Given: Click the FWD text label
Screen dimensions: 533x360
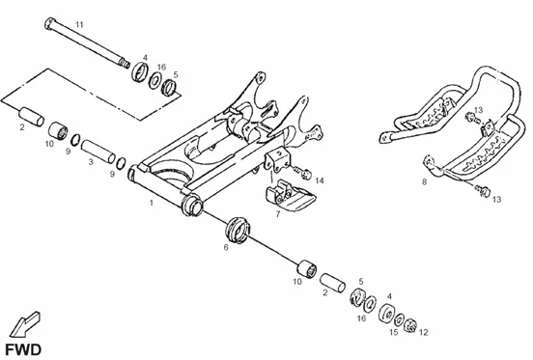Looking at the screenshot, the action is coord(23,349).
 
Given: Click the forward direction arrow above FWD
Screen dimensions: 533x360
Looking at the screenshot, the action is coord(24,324).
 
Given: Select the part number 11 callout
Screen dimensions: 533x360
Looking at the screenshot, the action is coord(79,24).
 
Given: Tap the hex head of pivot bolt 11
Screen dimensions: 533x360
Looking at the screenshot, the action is coord(49,23).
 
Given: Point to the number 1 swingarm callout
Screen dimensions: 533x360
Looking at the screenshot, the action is coord(152,203).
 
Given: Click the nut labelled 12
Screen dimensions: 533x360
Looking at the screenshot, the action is coord(410,325).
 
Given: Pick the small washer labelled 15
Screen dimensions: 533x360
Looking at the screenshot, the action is coord(399,319).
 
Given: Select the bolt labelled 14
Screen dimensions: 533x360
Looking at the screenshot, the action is coord(302,172).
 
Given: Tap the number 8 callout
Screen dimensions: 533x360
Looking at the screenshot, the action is coord(424,181).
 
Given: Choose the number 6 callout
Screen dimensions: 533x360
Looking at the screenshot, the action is coord(226,248).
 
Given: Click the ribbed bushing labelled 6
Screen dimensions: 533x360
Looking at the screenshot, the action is coord(238,230).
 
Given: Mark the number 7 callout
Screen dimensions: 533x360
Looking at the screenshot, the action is coord(278,214).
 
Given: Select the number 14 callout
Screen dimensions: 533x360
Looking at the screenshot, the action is coord(320,180).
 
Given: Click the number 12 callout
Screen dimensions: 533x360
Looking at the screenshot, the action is coord(424,332).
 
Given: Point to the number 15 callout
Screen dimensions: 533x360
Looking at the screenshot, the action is coord(393,332).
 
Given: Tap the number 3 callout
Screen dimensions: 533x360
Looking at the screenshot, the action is coord(91,162).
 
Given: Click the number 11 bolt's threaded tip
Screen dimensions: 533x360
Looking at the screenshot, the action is coord(126,64).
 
